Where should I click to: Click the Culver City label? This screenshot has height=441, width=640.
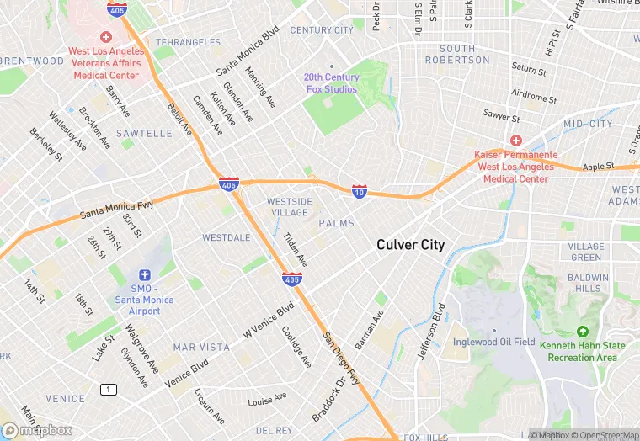(410, 245)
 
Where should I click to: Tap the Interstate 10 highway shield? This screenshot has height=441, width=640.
(359, 192)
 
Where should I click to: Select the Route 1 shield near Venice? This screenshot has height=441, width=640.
(107, 389)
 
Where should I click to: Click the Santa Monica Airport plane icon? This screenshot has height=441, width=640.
(144, 275)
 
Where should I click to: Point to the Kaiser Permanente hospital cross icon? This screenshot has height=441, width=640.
(513, 141)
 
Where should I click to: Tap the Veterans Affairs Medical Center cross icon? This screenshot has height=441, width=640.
(105, 37)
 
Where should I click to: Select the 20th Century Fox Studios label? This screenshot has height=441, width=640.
(331, 83)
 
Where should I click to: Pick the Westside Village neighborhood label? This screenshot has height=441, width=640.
(289, 207)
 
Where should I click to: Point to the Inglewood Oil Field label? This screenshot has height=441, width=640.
(494, 342)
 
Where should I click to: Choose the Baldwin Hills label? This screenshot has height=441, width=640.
(588, 284)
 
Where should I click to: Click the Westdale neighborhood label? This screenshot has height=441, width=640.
(226, 238)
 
